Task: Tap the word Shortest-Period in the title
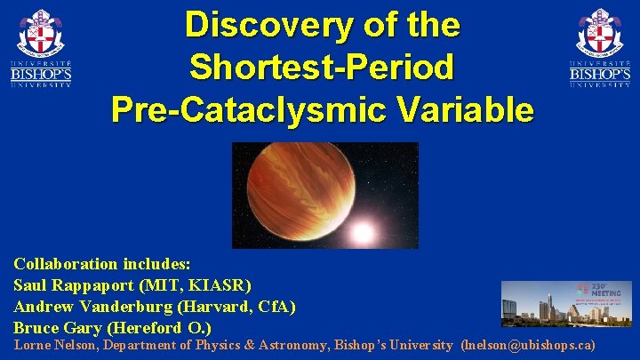322,67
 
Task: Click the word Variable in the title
461,109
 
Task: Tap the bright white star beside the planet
362,233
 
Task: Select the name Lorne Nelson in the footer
54,345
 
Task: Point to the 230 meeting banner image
566,304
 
